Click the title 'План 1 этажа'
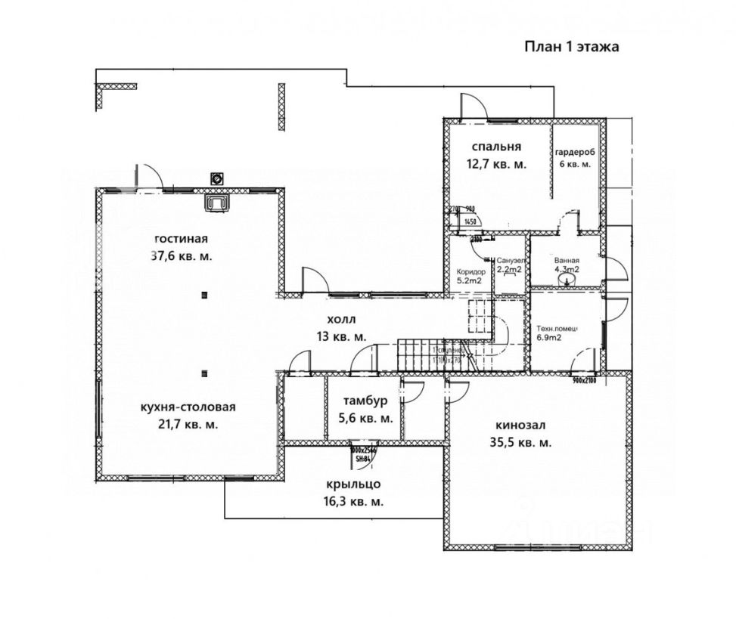pos(573,47)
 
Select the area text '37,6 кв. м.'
pos(182,256)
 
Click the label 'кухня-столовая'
pos(188,407)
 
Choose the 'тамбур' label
pos(365,401)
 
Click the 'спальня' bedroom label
pos(496,147)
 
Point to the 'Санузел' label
pos(508,259)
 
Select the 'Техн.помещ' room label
pos(557,328)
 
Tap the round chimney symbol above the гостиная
pos(218,179)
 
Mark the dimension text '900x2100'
pos(585,379)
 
